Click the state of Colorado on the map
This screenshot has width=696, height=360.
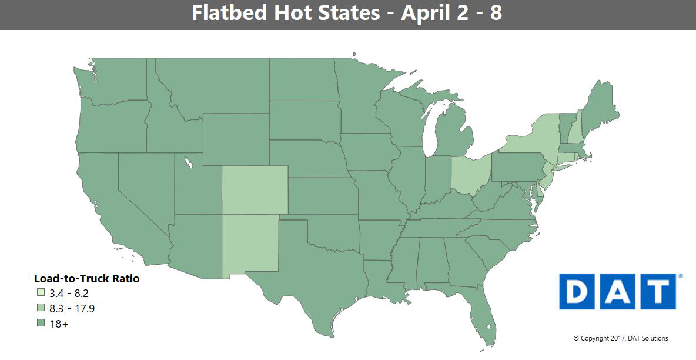pyautogui.click(x=255, y=189)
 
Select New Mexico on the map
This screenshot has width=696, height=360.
pyautogui.click(x=249, y=244)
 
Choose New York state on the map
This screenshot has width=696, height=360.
pyautogui.click(x=532, y=144)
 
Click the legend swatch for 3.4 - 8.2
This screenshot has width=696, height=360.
pyautogui.click(x=41, y=293)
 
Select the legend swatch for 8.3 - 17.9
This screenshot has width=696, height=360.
pyautogui.click(x=41, y=308)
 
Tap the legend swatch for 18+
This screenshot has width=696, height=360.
pyautogui.click(x=41, y=324)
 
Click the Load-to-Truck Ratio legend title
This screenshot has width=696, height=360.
pyautogui.click(x=86, y=279)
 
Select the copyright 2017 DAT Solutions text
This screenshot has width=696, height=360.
pyautogui.click(x=620, y=338)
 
